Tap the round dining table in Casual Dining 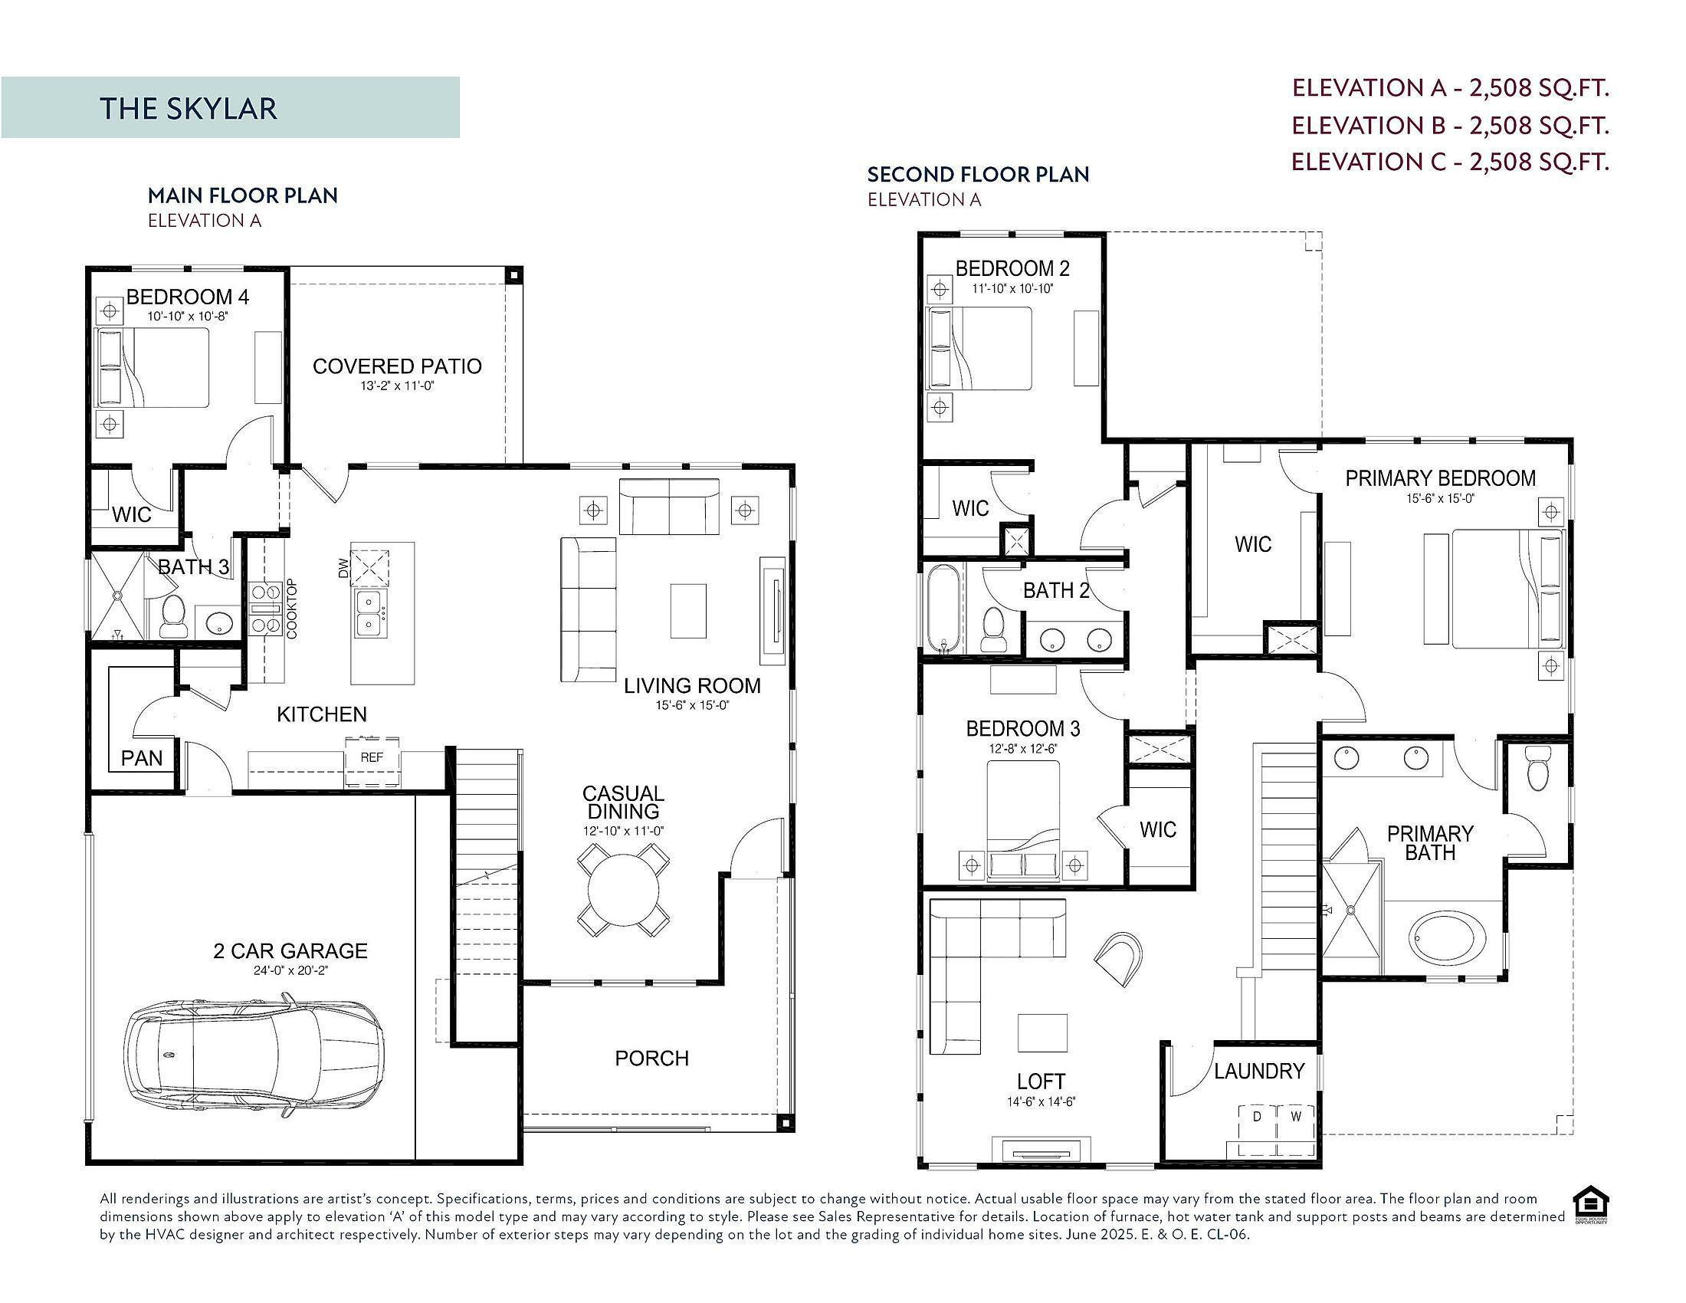[x=624, y=889]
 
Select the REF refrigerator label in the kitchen [x=372, y=757]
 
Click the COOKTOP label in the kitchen [x=291, y=609]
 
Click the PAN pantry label [x=142, y=758]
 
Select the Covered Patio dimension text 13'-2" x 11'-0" [x=398, y=386]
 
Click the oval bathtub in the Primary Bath [x=1447, y=940]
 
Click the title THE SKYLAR [x=189, y=108]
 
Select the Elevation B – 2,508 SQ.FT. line [x=1451, y=125]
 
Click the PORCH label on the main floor [x=651, y=1058]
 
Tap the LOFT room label [x=1041, y=1081]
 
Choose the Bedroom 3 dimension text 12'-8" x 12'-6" [x=1023, y=749]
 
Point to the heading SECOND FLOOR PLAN [x=978, y=175]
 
